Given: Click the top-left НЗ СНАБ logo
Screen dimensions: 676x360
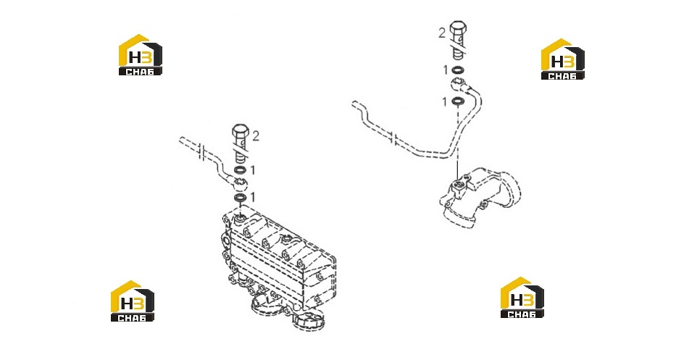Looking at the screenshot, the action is (141, 55).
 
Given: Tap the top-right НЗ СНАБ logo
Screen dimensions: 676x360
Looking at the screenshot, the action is (563, 59).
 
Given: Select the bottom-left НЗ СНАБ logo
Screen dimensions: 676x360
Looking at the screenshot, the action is (133, 301).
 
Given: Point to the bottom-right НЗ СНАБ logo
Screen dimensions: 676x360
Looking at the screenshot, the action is (522, 298).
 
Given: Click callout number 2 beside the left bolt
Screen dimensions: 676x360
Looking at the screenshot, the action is (256, 136).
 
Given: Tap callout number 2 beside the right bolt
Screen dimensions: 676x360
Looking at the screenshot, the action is (442, 33).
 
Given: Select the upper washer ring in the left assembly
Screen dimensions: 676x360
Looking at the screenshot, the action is (240, 170).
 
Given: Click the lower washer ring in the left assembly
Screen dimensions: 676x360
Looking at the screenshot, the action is (240, 198).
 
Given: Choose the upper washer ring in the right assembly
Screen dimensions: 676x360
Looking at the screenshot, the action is (458, 70).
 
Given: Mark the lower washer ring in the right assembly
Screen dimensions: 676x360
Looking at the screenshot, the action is (458, 101).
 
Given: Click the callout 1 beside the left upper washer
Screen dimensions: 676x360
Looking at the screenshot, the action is (253, 170).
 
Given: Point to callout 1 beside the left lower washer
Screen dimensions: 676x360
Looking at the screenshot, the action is (253, 198).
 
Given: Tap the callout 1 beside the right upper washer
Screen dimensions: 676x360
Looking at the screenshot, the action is (446, 70).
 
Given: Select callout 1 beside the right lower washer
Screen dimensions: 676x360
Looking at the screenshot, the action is (444, 101).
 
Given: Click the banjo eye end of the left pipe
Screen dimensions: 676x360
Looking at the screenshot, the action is (240, 183).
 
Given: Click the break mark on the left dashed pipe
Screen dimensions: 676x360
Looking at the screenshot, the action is (201, 152).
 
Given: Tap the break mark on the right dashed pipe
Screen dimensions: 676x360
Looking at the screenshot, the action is (393, 139).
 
